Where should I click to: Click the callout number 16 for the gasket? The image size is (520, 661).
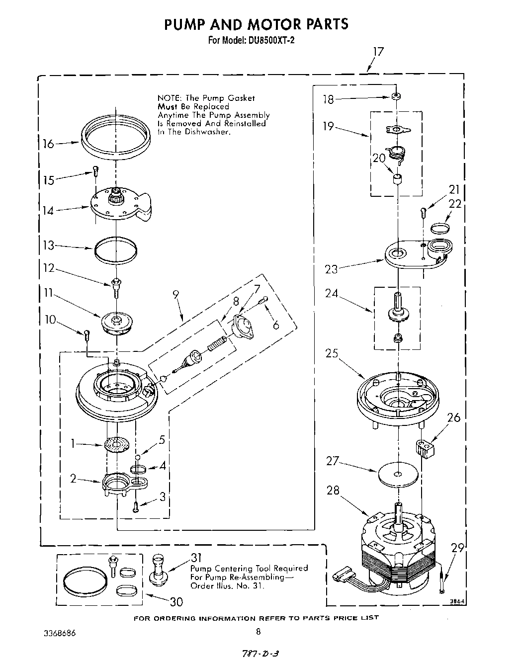pyautogui.click(x=48, y=144)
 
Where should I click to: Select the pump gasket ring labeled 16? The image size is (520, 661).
pyautogui.click(x=115, y=135)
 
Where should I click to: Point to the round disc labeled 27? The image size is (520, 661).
pyautogui.click(x=397, y=474)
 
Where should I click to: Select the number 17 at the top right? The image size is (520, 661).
pyautogui.click(x=378, y=52)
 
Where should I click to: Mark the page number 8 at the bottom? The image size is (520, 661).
pyautogui.click(x=258, y=632)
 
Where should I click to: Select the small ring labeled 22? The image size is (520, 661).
pyautogui.click(x=440, y=228)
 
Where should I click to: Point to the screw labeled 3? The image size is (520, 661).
pyautogui.click(x=135, y=507)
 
